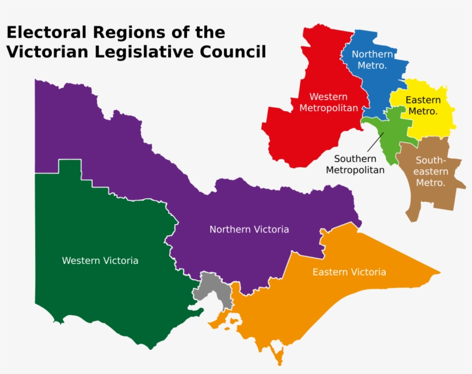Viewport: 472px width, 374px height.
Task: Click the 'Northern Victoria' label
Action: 249,229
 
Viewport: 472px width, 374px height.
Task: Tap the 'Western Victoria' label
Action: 100,260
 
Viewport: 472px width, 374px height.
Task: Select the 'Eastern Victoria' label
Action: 349,272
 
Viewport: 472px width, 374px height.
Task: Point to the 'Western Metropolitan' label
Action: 328,103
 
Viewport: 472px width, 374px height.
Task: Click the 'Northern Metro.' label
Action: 372,59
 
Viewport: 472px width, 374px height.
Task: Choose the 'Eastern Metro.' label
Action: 422,105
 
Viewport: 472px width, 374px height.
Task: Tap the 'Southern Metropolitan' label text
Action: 355,164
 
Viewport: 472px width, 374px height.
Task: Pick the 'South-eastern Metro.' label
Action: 431,172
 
